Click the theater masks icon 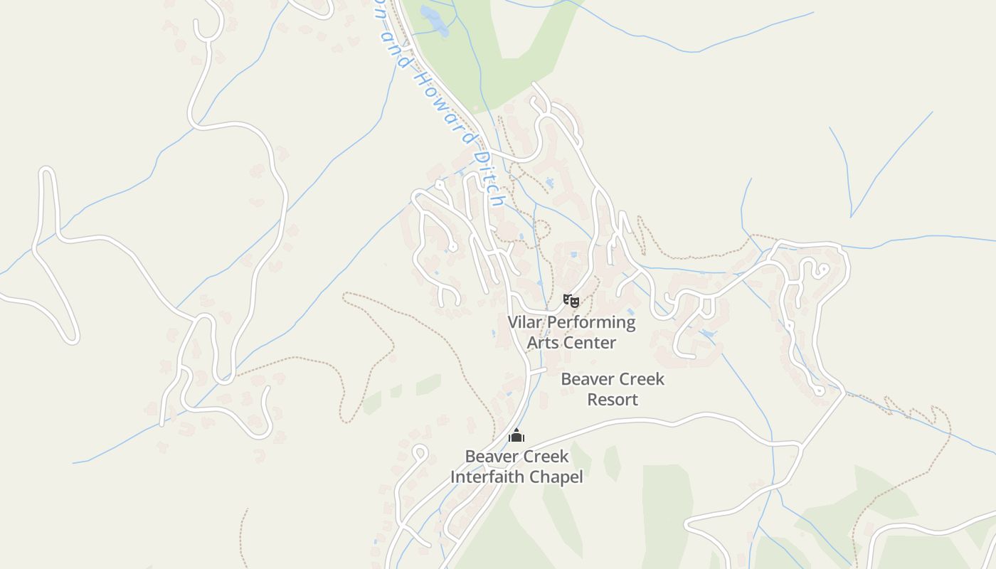[571, 301]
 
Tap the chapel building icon [516, 435]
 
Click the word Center [590, 343]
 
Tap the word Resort [613, 400]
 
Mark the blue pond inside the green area [435, 20]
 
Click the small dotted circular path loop [542, 229]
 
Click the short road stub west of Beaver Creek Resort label [537, 371]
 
